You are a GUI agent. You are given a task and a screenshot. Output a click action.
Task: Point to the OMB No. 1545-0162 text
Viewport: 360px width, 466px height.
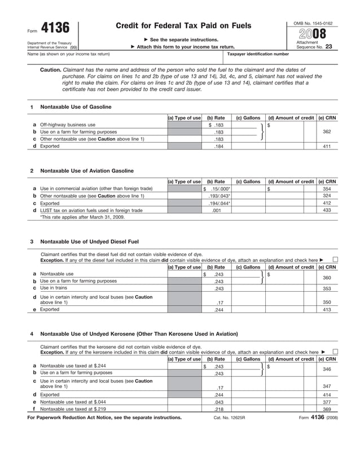313,23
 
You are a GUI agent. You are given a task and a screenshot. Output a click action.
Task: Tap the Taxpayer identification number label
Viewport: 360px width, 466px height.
258,54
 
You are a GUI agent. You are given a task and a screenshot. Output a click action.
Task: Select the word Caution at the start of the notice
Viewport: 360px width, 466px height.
50,70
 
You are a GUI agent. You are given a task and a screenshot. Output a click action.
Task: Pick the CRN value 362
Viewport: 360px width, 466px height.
326,131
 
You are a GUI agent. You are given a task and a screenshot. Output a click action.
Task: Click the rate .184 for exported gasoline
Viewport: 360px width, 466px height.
218,146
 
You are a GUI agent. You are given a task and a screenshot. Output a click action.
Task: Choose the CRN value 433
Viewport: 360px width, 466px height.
326,210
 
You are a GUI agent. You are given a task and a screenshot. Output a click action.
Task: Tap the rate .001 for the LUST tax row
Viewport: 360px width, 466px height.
216,210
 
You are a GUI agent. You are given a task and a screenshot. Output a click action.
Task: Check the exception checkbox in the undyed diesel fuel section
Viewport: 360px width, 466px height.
336,260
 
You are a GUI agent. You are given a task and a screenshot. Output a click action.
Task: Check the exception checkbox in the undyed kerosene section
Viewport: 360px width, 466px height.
336,352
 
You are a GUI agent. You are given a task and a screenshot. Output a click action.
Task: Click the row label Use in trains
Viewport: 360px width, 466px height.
55,288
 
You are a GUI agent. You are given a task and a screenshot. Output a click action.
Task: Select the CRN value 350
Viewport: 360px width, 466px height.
326,302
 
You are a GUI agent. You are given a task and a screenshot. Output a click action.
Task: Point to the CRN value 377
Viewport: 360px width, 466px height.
326,402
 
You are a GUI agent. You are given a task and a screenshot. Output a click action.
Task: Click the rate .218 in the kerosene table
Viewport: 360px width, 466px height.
218,409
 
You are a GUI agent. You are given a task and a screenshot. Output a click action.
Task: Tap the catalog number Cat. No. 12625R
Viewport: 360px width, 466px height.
229,418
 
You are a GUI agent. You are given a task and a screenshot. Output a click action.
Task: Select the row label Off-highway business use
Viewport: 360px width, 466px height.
68,125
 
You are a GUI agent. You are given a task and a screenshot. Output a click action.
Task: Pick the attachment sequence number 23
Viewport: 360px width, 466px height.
328,47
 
